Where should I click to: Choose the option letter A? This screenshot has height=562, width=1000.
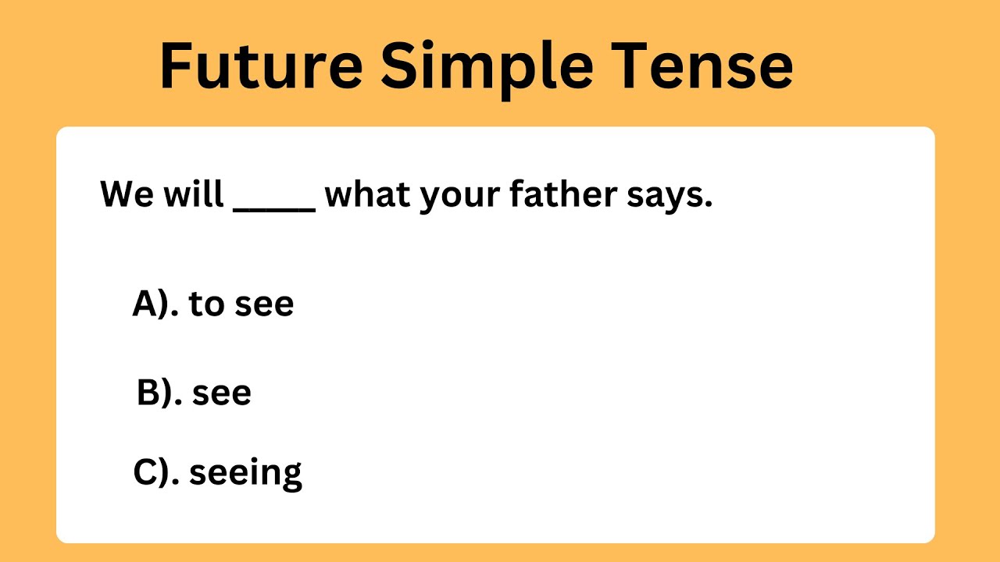(x=146, y=303)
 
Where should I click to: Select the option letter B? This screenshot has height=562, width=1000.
(x=148, y=393)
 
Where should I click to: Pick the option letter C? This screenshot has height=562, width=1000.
(x=146, y=472)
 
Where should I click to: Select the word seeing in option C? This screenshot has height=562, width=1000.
(x=245, y=474)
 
